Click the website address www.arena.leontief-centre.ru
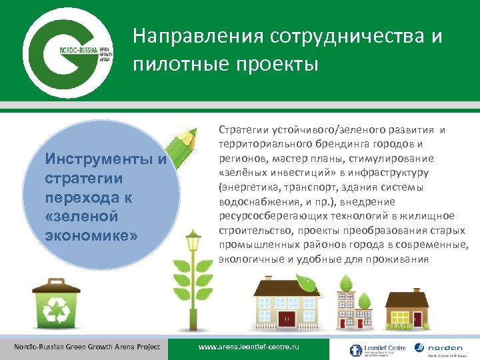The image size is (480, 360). pos(250,349)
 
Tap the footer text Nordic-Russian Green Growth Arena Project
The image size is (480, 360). pos(87,347)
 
